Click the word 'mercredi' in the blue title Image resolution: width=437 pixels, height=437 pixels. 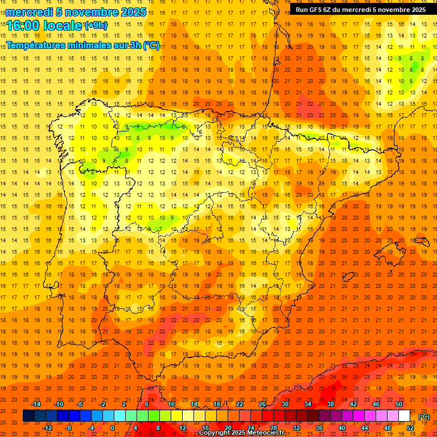click(x=30, y=12)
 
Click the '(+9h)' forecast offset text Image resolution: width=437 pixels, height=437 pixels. click(x=95, y=25)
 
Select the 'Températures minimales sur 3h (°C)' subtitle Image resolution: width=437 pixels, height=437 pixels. click(x=83, y=46)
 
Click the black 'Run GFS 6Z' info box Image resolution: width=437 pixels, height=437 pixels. click(x=360, y=10)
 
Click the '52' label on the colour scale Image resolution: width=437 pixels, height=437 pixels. click(x=410, y=428)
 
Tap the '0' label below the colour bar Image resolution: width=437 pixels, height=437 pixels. click(x=113, y=428)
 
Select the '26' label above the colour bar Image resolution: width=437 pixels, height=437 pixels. click(x=262, y=404)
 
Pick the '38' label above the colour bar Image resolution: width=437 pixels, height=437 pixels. click(x=330, y=404)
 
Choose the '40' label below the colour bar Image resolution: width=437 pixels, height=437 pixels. click(x=341, y=428)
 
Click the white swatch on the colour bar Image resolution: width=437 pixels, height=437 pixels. click(x=404, y=416)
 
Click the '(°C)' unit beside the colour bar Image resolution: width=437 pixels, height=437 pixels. click(x=424, y=417)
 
